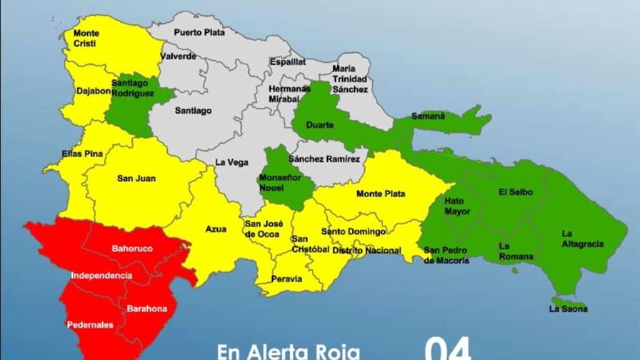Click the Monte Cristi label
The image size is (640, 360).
click(x=86, y=38)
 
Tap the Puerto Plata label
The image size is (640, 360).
click(x=194, y=32)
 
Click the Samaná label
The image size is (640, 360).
click(x=428, y=116)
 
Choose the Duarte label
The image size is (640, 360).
click(x=319, y=126)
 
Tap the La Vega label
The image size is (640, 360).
click(x=232, y=163)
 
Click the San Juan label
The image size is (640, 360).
click(x=136, y=179)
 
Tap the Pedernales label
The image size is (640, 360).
click(x=90, y=325)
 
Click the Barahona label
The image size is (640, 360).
click(x=146, y=309)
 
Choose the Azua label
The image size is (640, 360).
click(x=216, y=229)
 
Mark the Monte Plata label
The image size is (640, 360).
click(x=381, y=194)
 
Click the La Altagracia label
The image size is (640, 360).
click(x=581, y=239)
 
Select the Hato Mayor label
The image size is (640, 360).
click(x=458, y=206)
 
